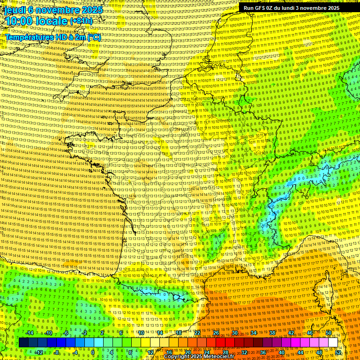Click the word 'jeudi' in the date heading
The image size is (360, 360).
pos(15,9)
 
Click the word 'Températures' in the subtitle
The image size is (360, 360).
pos(31,37)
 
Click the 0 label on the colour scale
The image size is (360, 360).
pos(93,352)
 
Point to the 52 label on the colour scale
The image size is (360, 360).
pos(338,352)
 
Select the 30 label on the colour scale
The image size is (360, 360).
pos(235,333)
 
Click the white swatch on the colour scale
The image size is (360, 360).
pos(333,343)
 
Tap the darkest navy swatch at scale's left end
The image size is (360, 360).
pos(23,343)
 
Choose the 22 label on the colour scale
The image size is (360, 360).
pos(197,333)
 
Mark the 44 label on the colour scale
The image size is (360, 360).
pos(300,352)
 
